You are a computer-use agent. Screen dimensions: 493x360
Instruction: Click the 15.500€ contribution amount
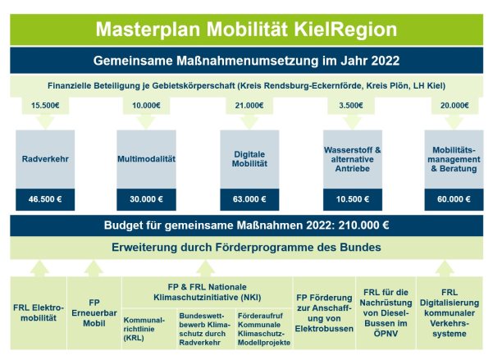(x=45, y=105)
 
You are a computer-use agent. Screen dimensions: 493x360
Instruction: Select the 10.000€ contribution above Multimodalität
(x=146, y=105)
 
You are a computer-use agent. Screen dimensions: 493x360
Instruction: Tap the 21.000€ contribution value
(x=249, y=105)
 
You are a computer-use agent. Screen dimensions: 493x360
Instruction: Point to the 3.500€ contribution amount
(x=351, y=105)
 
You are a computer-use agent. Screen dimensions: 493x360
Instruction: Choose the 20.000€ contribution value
(x=454, y=105)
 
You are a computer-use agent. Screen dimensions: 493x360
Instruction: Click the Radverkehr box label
(x=45, y=159)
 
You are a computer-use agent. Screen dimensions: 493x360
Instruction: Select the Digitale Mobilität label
(x=249, y=159)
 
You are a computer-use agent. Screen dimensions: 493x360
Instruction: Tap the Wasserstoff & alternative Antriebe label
(x=353, y=159)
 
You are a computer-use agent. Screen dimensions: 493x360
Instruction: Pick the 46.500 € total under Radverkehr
(x=45, y=199)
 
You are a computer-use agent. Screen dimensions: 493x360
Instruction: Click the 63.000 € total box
(x=249, y=199)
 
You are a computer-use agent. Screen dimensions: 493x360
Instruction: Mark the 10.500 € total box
(x=353, y=199)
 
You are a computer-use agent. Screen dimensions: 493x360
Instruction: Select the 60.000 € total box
(x=454, y=199)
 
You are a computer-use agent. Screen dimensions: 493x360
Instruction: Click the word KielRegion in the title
(x=345, y=30)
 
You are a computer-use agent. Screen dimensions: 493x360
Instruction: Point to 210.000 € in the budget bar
(x=363, y=226)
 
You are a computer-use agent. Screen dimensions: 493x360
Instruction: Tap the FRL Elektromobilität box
(x=39, y=312)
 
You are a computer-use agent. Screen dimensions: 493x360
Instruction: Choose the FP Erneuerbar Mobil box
(x=94, y=312)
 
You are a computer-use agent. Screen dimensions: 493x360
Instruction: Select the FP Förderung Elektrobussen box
(x=324, y=312)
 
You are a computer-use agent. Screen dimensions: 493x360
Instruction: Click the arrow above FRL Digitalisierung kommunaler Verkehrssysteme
(x=445, y=268)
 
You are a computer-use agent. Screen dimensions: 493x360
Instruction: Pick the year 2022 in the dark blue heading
(x=386, y=61)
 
